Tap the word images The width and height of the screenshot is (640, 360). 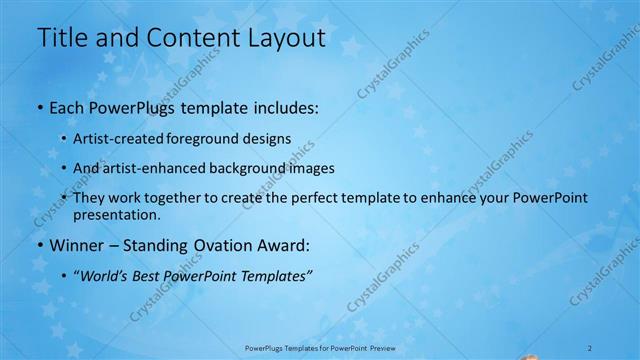(310, 169)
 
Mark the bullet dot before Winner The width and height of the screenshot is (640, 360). (39, 245)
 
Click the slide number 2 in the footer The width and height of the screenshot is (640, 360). (590, 347)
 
